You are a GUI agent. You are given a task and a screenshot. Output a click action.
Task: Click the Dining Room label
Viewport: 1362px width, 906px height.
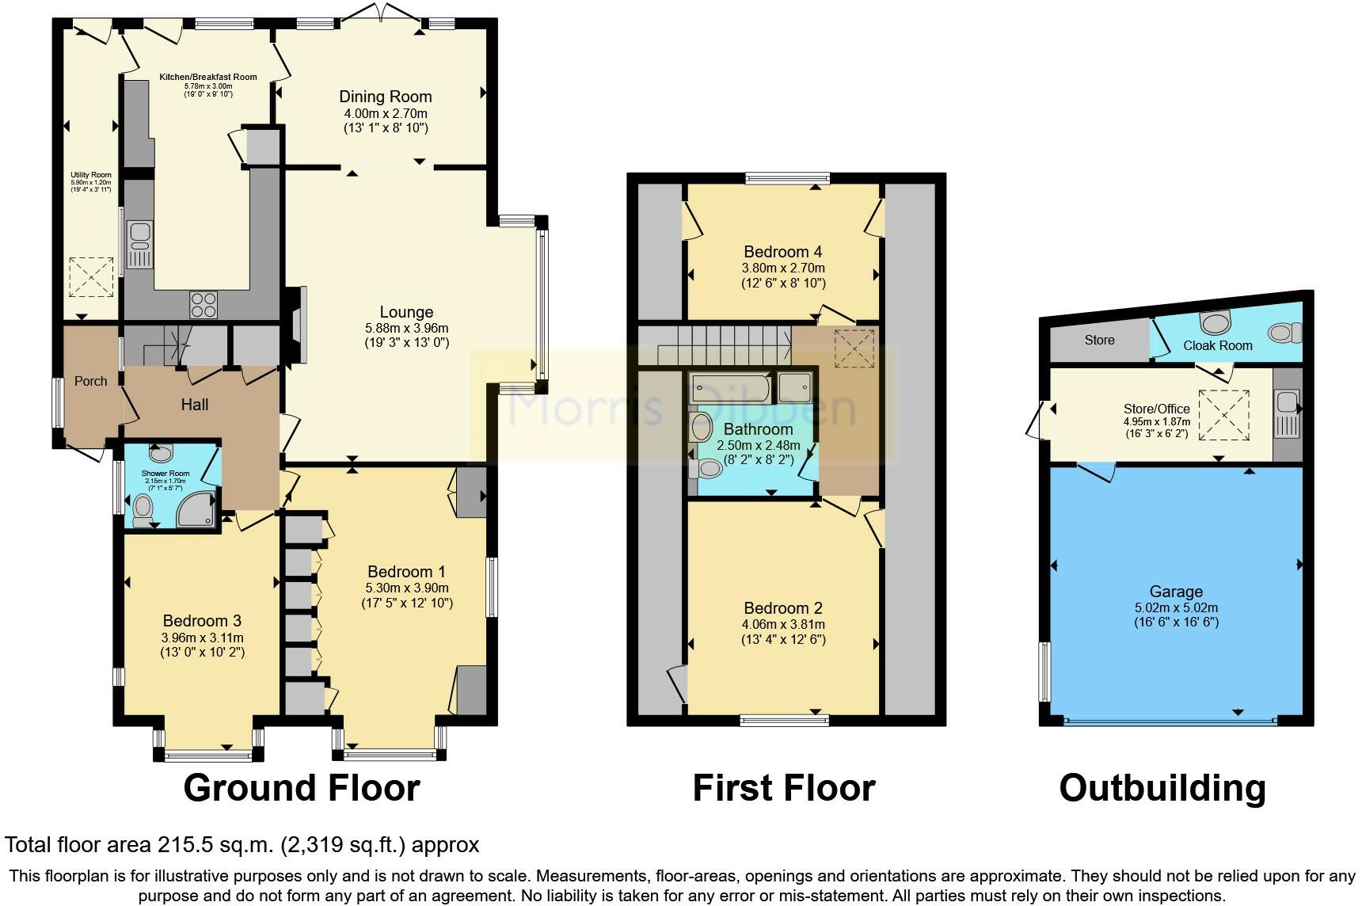(386, 97)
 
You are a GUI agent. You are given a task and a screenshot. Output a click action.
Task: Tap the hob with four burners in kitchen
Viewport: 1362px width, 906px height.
(203, 304)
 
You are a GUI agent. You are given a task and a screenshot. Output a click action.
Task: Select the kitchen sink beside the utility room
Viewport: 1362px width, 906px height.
(140, 245)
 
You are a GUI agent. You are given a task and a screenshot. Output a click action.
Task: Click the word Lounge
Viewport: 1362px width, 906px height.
(406, 312)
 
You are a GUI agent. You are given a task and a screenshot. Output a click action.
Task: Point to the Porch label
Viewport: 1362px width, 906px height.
(90, 381)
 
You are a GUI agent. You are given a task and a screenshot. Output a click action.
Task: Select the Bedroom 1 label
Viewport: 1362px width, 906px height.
(406, 572)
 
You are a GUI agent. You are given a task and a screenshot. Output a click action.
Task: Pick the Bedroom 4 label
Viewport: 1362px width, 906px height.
(783, 252)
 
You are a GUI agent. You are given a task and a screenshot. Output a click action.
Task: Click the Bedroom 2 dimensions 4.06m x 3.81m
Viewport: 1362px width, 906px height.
(783, 625)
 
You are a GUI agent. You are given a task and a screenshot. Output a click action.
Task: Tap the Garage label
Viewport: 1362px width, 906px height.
(1176, 592)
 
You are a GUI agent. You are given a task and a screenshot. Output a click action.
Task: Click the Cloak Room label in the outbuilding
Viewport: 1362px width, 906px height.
(1218, 345)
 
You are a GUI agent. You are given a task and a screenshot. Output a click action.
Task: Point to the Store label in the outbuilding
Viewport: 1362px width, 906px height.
(1099, 340)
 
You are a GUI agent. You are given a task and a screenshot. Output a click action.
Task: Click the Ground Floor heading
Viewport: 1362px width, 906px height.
(301, 788)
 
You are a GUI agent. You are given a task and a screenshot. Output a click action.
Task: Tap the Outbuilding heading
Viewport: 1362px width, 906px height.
(1162, 788)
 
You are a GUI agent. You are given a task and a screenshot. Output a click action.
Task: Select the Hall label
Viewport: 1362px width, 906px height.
(195, 405)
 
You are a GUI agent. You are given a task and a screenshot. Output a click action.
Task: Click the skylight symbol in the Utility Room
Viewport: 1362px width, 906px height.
(91, 277)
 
